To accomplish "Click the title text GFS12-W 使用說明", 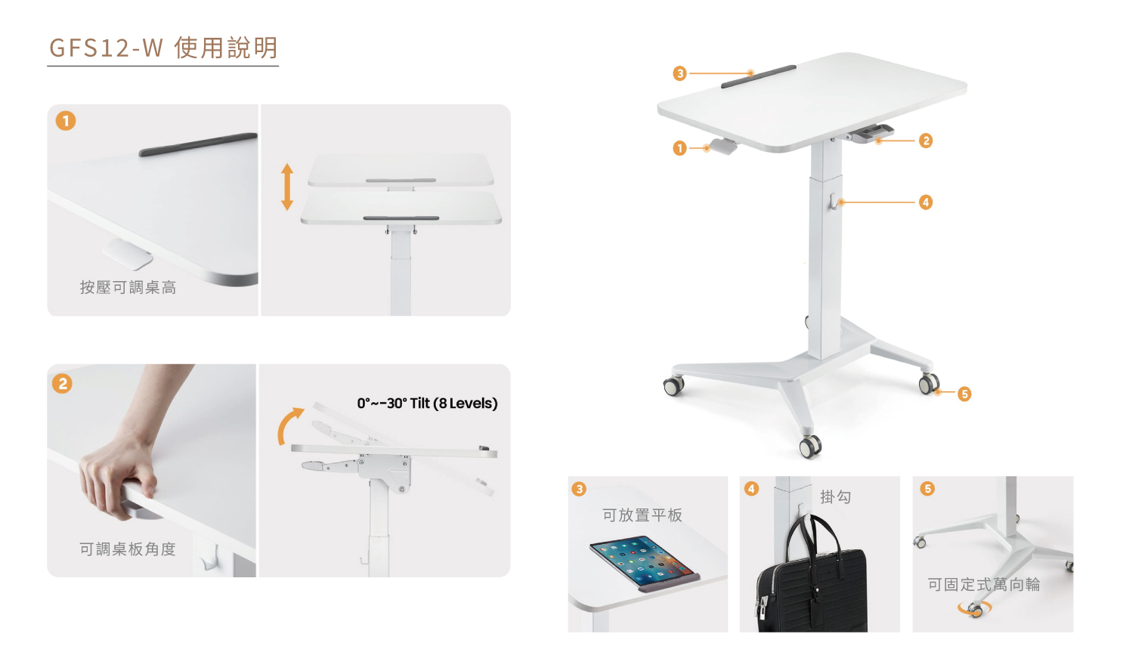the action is pyautogui.click(x=163, y=48).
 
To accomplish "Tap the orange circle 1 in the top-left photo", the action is pyautogui.click(x=66, y=121).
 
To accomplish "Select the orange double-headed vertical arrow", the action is pyautogui.click(x=287, y=187).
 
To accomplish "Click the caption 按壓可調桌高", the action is pyautogui.click(x=128, y=287).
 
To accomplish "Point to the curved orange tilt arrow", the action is pyautogui.click(x=285, y=425).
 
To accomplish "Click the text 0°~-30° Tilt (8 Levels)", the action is pyautogui.click(x=427, y=403).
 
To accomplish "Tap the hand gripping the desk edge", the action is pyautogui.click(x=117, y=475).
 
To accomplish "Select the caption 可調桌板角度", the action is pyautogui.click(x=128, y=549).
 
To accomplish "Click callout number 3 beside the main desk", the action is pyautogui.click(x=679, y=73).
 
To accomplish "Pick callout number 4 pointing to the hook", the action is pyautogui.click(x=926, y=202).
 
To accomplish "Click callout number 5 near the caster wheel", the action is pyautogui.click(x=964, y=394).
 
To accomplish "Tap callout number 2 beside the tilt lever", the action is pyautogui.click(x=926, y=141).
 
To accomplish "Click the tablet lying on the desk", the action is pyautogui.click(x=643, y=562).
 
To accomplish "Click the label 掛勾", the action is pyautogui.click(x=836, y=497).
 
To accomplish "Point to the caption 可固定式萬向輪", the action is pyautogui.click(x=984, y=585).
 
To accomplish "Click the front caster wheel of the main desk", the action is pyautogui.click(x=810, y=447).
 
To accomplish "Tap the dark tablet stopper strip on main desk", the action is pyautogui.click(x=759, y=76).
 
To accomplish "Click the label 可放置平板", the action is pyautogui.click(x=642, y=515).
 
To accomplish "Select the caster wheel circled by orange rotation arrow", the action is pyautogui.click(x=975, y=610).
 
